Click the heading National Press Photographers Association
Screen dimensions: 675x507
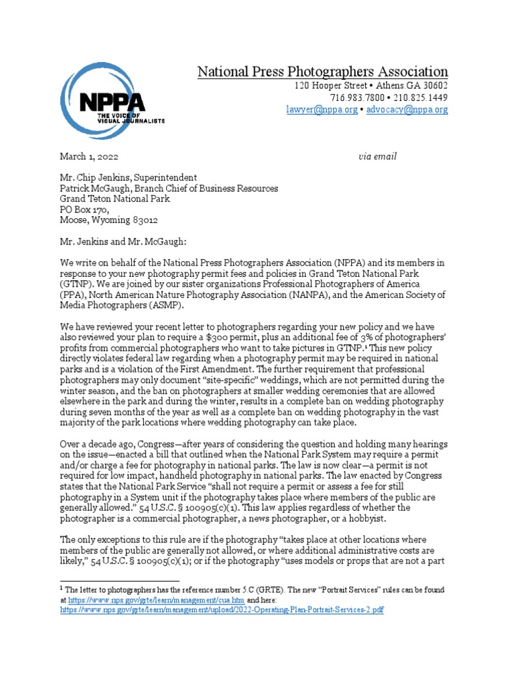click(x=322, y=72)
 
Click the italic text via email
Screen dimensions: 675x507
click(x=378, y=156)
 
